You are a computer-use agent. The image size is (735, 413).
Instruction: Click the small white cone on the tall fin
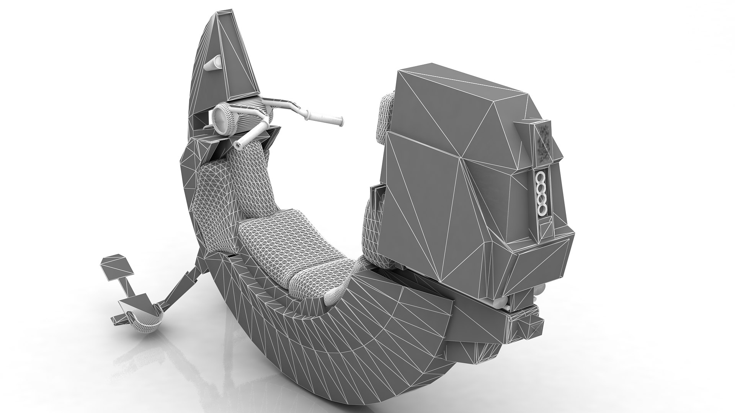214,62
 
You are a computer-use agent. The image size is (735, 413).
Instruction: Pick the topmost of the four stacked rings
541,178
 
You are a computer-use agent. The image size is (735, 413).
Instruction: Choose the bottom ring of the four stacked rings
542,208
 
